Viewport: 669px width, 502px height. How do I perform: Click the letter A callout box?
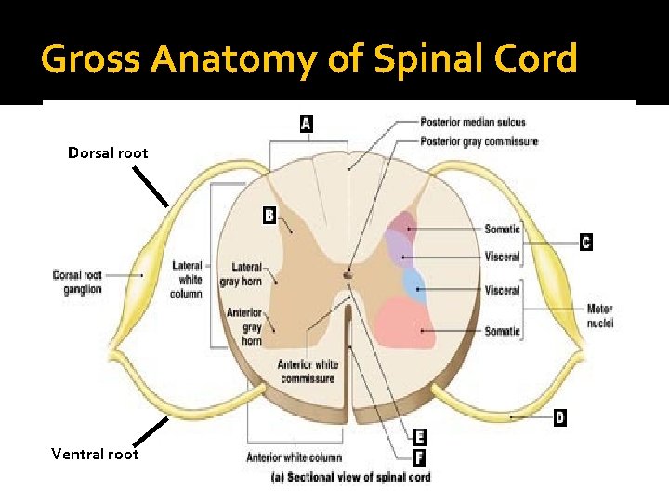tap(307, 123)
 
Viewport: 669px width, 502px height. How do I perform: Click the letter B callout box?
tap(269, 216)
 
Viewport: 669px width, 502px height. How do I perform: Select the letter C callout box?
tap(585, 242)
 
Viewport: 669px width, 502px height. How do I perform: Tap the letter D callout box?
tap(559, 417)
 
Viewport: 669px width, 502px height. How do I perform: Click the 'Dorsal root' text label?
tap(108, 152)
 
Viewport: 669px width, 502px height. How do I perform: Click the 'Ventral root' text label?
tap(95, 454)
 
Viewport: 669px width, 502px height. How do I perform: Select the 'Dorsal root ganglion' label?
tap(77, 282)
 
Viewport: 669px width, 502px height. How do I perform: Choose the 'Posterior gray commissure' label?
tap(479, 141)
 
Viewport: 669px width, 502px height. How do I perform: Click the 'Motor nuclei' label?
tap(600, 316)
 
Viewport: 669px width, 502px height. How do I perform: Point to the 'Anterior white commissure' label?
tap(308, 371)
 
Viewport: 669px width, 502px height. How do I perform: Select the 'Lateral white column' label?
tap(187, 280)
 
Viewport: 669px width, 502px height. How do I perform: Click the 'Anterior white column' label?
tap(294, 457)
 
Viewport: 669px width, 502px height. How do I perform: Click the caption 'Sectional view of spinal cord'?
tap(349, 478)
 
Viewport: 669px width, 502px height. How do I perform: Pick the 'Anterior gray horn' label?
tap(244, 326)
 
